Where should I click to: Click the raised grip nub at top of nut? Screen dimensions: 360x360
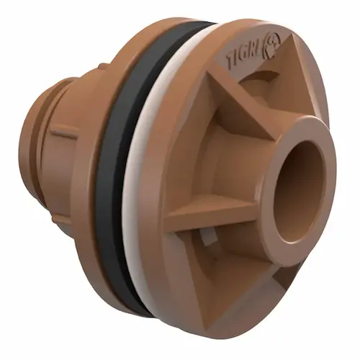pos(104,66)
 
